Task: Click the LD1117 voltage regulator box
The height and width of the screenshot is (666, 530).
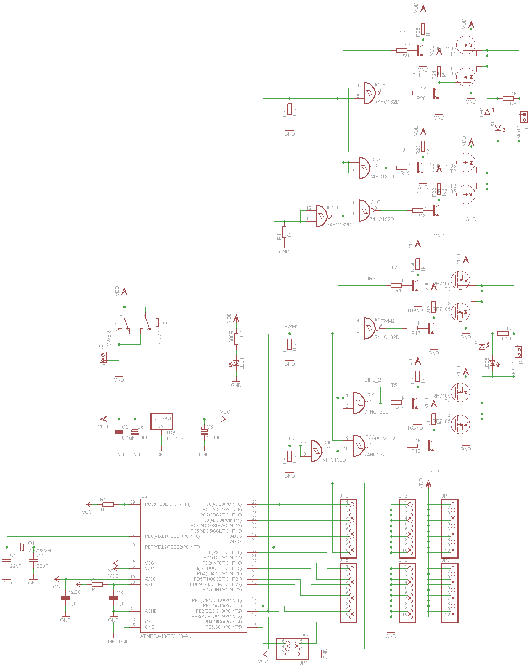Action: (161, 422)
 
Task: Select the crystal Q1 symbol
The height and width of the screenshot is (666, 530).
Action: (23, 546)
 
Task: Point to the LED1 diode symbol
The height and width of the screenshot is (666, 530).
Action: (236, 362)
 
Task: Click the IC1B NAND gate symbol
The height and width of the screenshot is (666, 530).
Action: (370, 93)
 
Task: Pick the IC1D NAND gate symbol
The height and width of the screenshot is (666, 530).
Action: (321, 216)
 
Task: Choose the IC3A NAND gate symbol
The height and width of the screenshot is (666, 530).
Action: (359, 403)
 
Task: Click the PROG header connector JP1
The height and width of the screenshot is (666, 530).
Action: (292, 648)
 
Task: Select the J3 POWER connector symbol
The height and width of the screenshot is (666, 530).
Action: (104, 357)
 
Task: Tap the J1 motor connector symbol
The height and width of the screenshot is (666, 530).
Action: (523, 117)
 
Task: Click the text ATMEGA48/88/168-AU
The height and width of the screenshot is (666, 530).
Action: (166, 636)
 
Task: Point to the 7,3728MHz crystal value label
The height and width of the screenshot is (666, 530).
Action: (41, 551)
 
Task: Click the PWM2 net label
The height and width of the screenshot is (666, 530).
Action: (291, 326)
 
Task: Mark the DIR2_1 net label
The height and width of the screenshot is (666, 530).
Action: (372, 278)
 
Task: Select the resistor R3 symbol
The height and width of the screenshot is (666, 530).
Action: (290, 109)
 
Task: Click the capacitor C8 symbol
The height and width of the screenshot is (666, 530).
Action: (204, 432)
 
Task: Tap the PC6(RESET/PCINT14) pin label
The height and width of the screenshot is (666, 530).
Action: (168, 504)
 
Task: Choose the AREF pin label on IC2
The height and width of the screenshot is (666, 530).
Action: (150, 584)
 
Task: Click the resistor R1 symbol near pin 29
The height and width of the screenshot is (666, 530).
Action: (108, 504)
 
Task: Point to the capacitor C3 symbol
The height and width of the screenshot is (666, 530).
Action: (113, 598)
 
